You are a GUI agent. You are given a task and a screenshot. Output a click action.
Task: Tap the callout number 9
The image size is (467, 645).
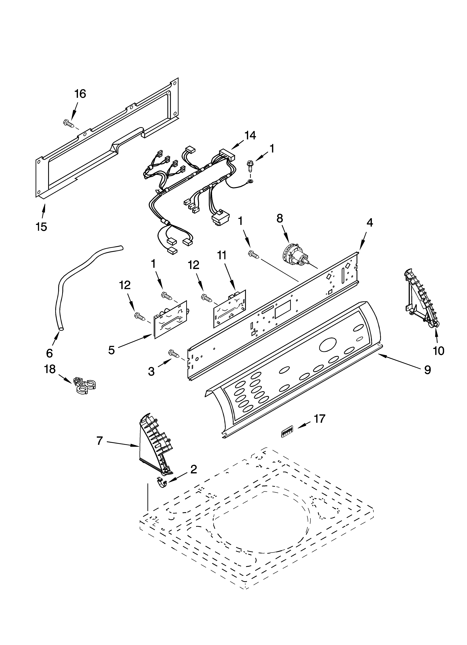point(427,369)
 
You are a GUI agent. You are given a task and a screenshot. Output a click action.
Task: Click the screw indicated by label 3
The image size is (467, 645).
point(175,354)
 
